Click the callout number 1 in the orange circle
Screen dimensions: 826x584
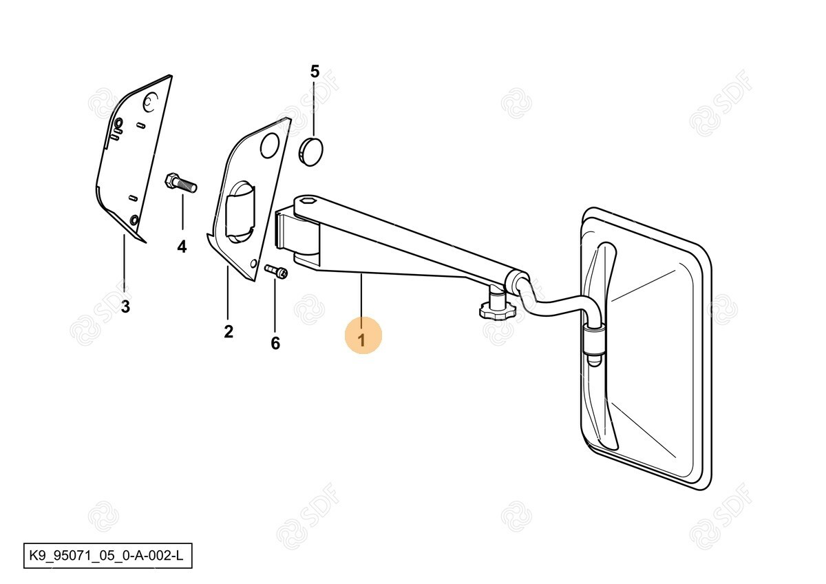click(x=363, y=340)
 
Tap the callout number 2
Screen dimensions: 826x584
click(x=229, y=332)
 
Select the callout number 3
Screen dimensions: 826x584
click(x=126, y=306)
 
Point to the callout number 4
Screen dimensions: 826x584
click(x=182, y=247)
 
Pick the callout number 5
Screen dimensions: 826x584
click(x=315, y=72)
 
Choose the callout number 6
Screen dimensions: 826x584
click(x=275, y=343)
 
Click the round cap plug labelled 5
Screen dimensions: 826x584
click(x=310, y=152)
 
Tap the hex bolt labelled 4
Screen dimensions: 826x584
click(x=180, y=182)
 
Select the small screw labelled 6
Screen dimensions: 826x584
click(x=276, y=271)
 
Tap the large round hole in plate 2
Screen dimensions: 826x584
click(x=270, y=145)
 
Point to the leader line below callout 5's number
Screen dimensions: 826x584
click(x=314, y=107)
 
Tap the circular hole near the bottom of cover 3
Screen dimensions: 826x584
click(x=135, y=220)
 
